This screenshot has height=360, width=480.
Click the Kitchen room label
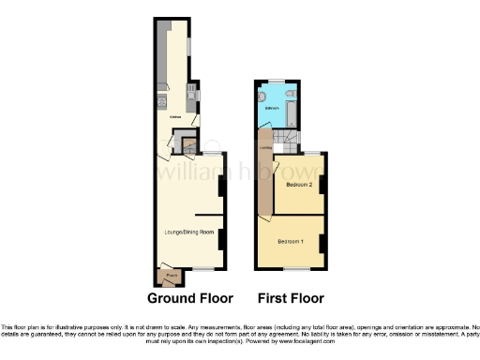[174, 117]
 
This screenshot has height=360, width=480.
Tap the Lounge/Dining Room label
[190, 231]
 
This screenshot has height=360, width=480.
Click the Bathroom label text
[272, 109]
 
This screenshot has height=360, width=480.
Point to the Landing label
[266, 147]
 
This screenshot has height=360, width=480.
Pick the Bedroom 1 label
[291, 242]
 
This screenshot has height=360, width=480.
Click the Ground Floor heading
[189, 298]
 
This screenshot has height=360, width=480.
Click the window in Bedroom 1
[298, 269]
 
